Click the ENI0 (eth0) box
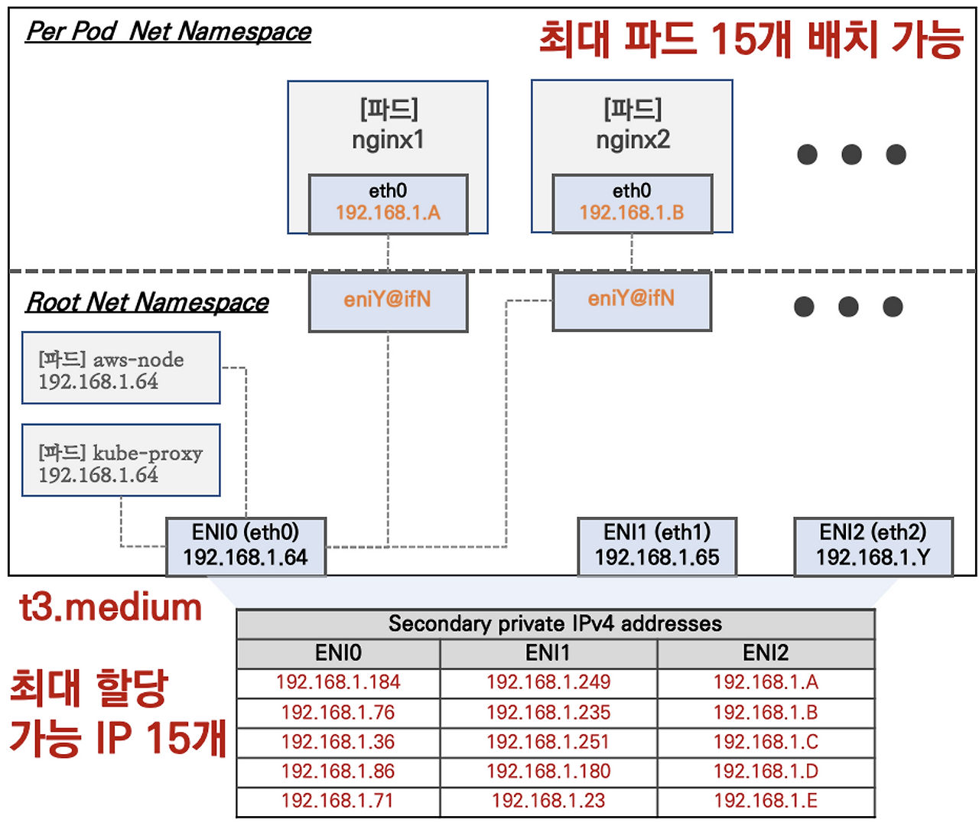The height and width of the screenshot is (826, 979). (x=246, y=545)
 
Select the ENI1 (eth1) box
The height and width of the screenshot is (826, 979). (x=657, y=545)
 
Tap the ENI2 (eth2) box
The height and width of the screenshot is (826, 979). (x=873, y=545)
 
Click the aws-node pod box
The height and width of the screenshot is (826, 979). (x=121, y=368)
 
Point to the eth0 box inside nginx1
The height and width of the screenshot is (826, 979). (x=388, y=203)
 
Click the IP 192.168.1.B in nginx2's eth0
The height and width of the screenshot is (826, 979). (x=632, y=213)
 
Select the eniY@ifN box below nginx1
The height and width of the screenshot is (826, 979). (x=388, y=301)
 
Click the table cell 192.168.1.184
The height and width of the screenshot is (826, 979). (x=338, y=682)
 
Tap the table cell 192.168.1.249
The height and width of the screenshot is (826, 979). (x=548, y=682)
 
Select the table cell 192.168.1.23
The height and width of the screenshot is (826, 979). (x=548, y=801)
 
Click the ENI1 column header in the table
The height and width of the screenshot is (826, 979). (x=548, y=653)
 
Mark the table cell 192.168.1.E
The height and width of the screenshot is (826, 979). (x=766, y=801)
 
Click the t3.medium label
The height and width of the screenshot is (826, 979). (x=111, y=608)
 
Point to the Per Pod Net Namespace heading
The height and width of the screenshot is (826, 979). (x=168, y=31)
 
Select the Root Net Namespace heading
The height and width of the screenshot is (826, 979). (x=147, y=302)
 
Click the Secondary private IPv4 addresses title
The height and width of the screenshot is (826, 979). (x=555, y=624)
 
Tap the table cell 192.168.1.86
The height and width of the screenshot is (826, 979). (x=338, y=771)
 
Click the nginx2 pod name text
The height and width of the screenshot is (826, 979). (x=633, y=140)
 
